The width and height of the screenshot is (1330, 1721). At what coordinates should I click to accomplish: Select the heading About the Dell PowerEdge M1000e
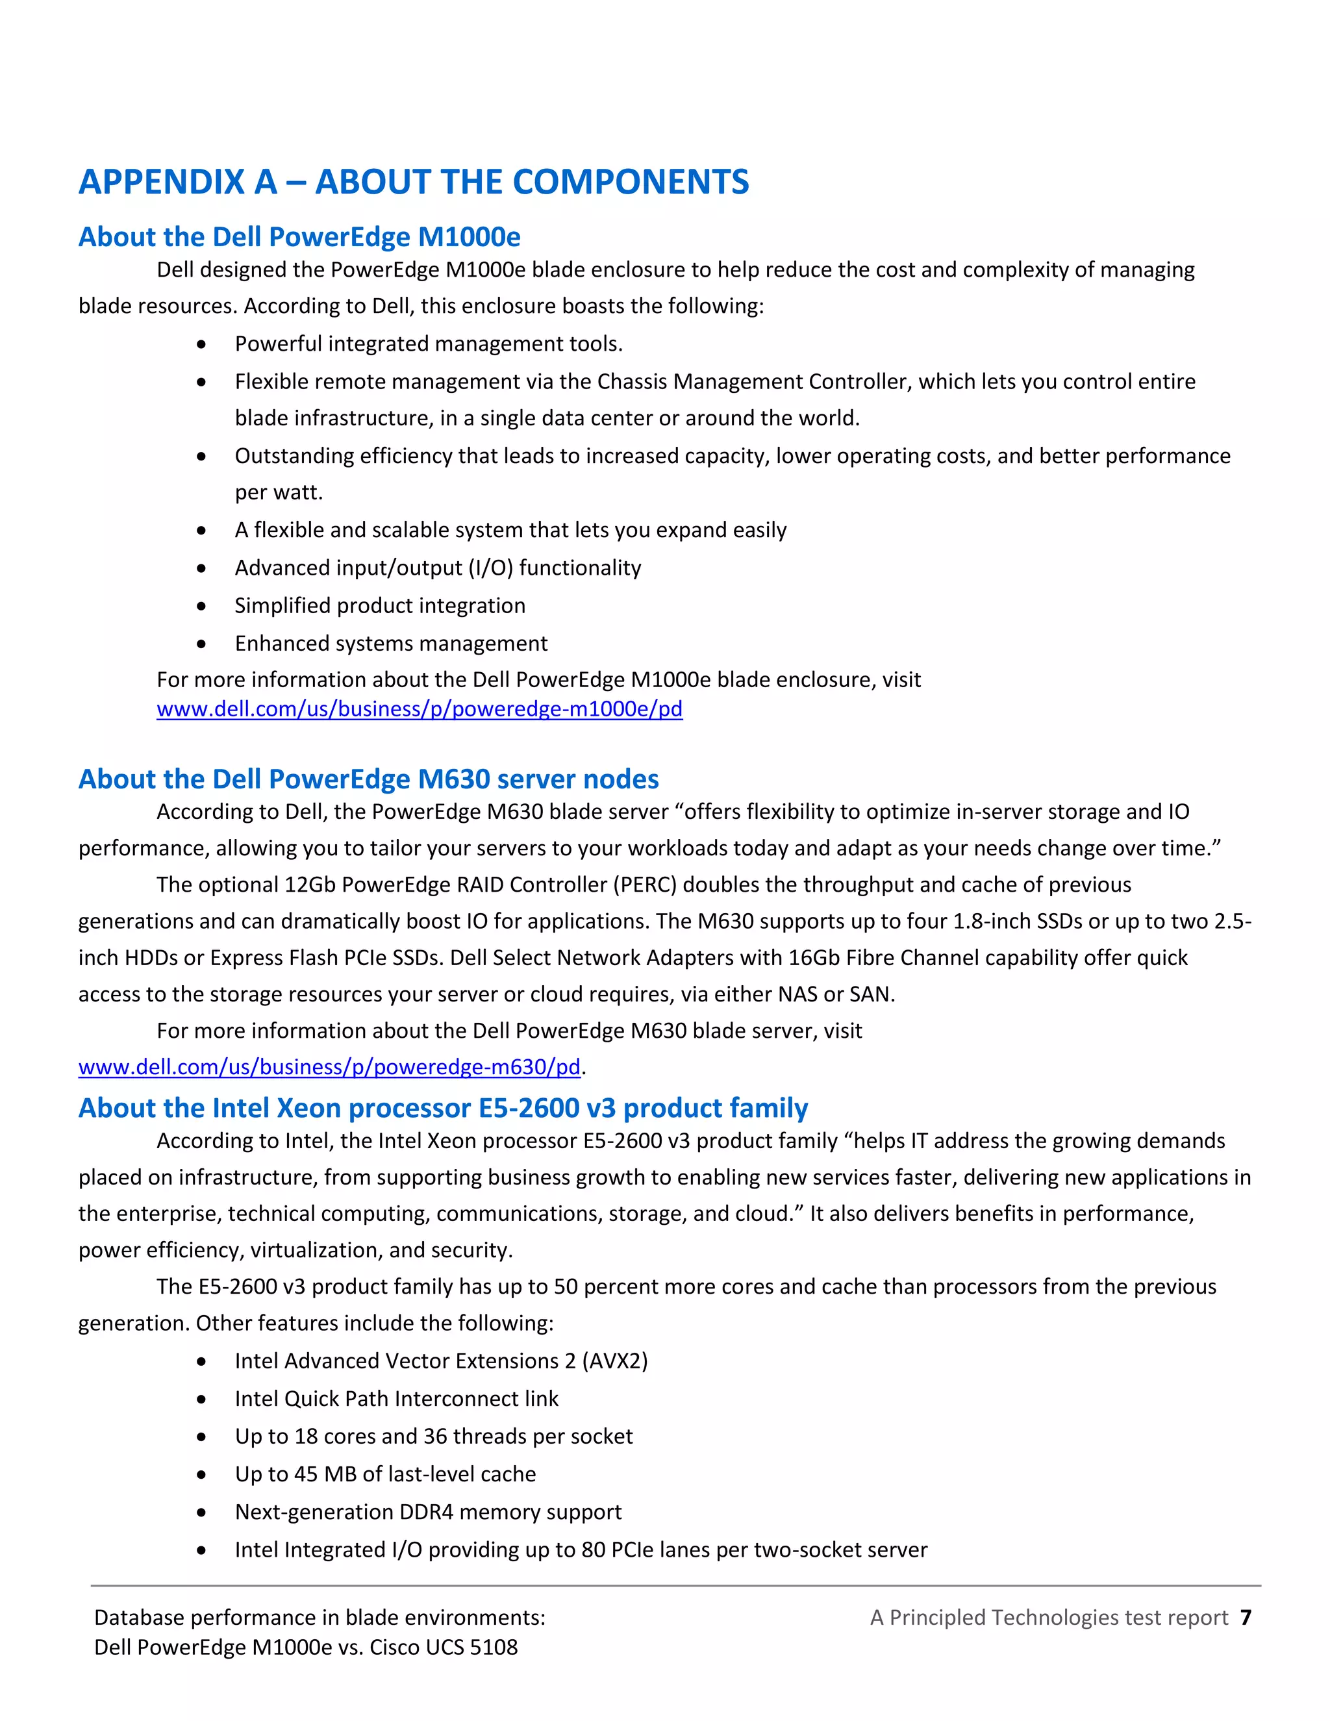(299, 236)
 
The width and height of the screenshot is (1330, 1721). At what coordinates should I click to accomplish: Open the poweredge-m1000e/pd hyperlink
(419, 709)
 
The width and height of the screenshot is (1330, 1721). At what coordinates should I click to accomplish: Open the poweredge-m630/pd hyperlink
(329, 1066)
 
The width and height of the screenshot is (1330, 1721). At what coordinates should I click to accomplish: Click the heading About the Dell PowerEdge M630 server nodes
(368, 779)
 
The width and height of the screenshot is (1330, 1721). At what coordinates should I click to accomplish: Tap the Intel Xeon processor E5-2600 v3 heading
(443, 1107)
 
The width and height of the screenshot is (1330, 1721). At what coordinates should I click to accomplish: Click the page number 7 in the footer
(1245, 1617)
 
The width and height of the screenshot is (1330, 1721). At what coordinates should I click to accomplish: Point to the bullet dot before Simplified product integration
(202, 606)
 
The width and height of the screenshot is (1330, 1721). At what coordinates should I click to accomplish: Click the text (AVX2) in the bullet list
(614, 1361)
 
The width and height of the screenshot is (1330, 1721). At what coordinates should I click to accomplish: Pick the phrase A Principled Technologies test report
(1049, 1617)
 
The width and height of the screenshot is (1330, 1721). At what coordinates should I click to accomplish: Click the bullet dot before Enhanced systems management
(202, 644)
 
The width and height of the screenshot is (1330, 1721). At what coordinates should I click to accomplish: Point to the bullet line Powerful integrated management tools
(429, 344)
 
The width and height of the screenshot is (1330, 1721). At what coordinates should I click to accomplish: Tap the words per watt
(279, 492)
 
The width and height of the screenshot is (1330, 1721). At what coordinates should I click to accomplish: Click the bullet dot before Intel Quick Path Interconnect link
(202, 1399)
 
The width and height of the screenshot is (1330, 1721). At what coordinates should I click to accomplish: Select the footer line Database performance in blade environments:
(319, 1617)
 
